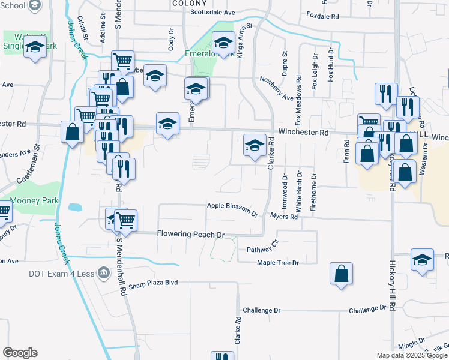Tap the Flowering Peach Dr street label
point(190,234)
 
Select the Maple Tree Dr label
point(277,262)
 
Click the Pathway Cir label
point(263,248)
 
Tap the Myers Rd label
point(284,216)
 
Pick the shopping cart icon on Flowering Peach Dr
point(126,221)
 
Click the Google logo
point(20,353)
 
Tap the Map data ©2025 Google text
point(411,355)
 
